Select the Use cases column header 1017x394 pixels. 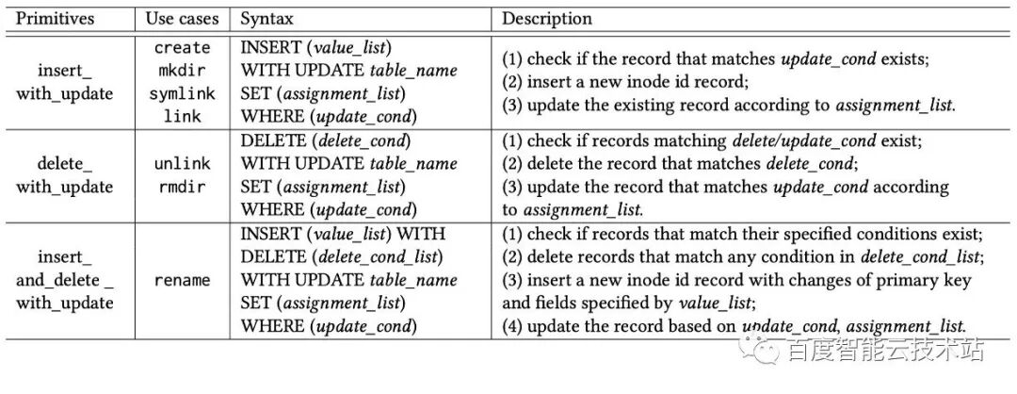pyautogui.click(x=182, y=19)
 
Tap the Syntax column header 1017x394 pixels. pyautogui.click(x=266, y=19)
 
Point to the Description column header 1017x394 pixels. pyautogui.click(x=547, y=19)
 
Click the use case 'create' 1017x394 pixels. pyautogui.click(x=183, y=48)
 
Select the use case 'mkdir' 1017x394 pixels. pyautogui.click(x=183, y=71)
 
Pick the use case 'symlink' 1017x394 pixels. pyautogui.click(x=183, y=93)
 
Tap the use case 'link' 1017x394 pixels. pyautogui.click(x=183, y=116)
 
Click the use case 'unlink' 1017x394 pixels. pyautogui.click(x=183, y=164)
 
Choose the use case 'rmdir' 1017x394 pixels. pyautogui.click(x=183, y=187)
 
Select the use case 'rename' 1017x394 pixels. pyautogui.click(x=183, y=280)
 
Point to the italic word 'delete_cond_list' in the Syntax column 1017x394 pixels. pyautogui.click(x=379, y=257)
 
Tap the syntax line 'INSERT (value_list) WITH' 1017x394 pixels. pyautogui.click(x=343, y=234)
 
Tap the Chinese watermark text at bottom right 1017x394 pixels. pyautogui.click(x=886, y=351)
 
